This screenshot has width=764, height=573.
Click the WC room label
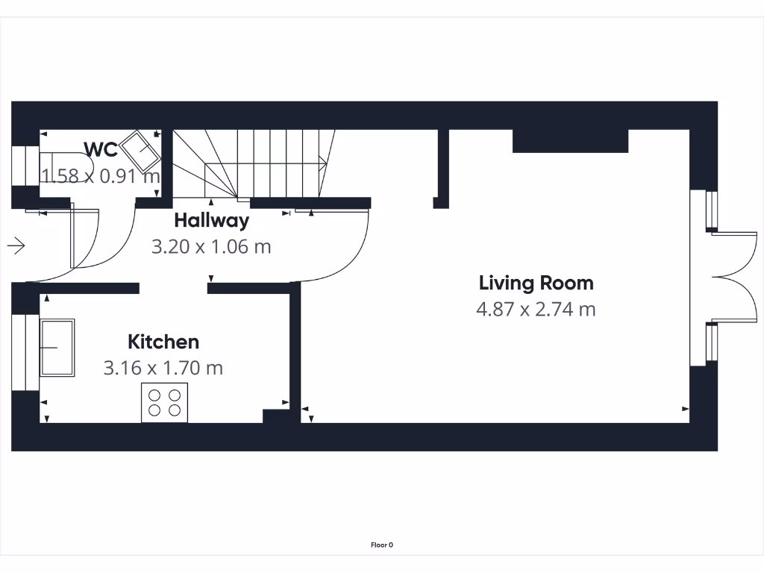(101, 149)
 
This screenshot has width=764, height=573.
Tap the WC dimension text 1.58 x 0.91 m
(101, 177)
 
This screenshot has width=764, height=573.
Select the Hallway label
(211, 220)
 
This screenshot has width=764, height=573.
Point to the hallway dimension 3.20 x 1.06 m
(211, 246)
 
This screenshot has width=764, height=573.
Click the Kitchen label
(163, 342)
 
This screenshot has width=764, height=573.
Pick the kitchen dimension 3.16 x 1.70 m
(163, 368)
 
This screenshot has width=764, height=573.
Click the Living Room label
(536, 283)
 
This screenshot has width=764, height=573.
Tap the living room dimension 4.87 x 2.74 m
(536, 309)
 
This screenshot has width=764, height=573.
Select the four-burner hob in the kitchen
(165, 403)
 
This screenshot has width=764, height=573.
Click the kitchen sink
(57, 348)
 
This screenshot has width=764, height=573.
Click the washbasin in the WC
(140, 151)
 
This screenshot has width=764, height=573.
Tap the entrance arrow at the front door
(16, 245)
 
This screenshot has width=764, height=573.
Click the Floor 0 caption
(381, 545)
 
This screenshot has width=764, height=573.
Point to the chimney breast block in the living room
(570, 141)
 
